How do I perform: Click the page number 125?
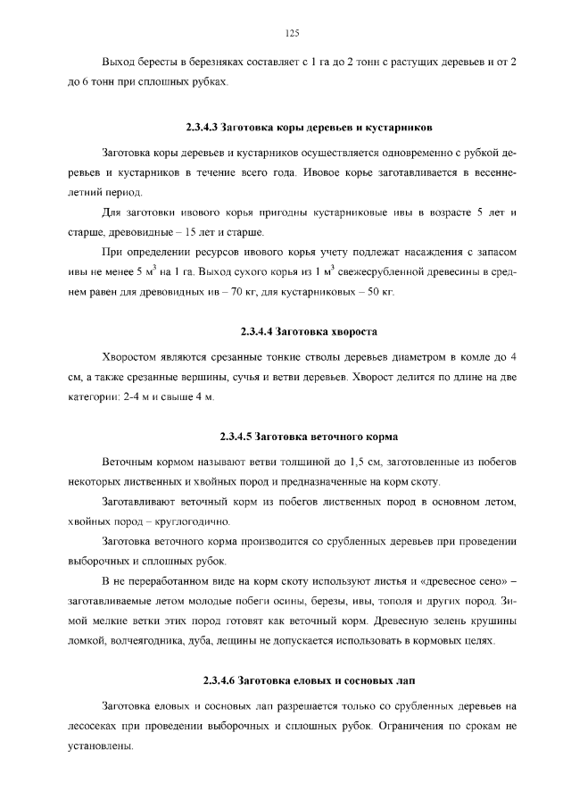292,33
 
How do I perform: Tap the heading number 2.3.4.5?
236,437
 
